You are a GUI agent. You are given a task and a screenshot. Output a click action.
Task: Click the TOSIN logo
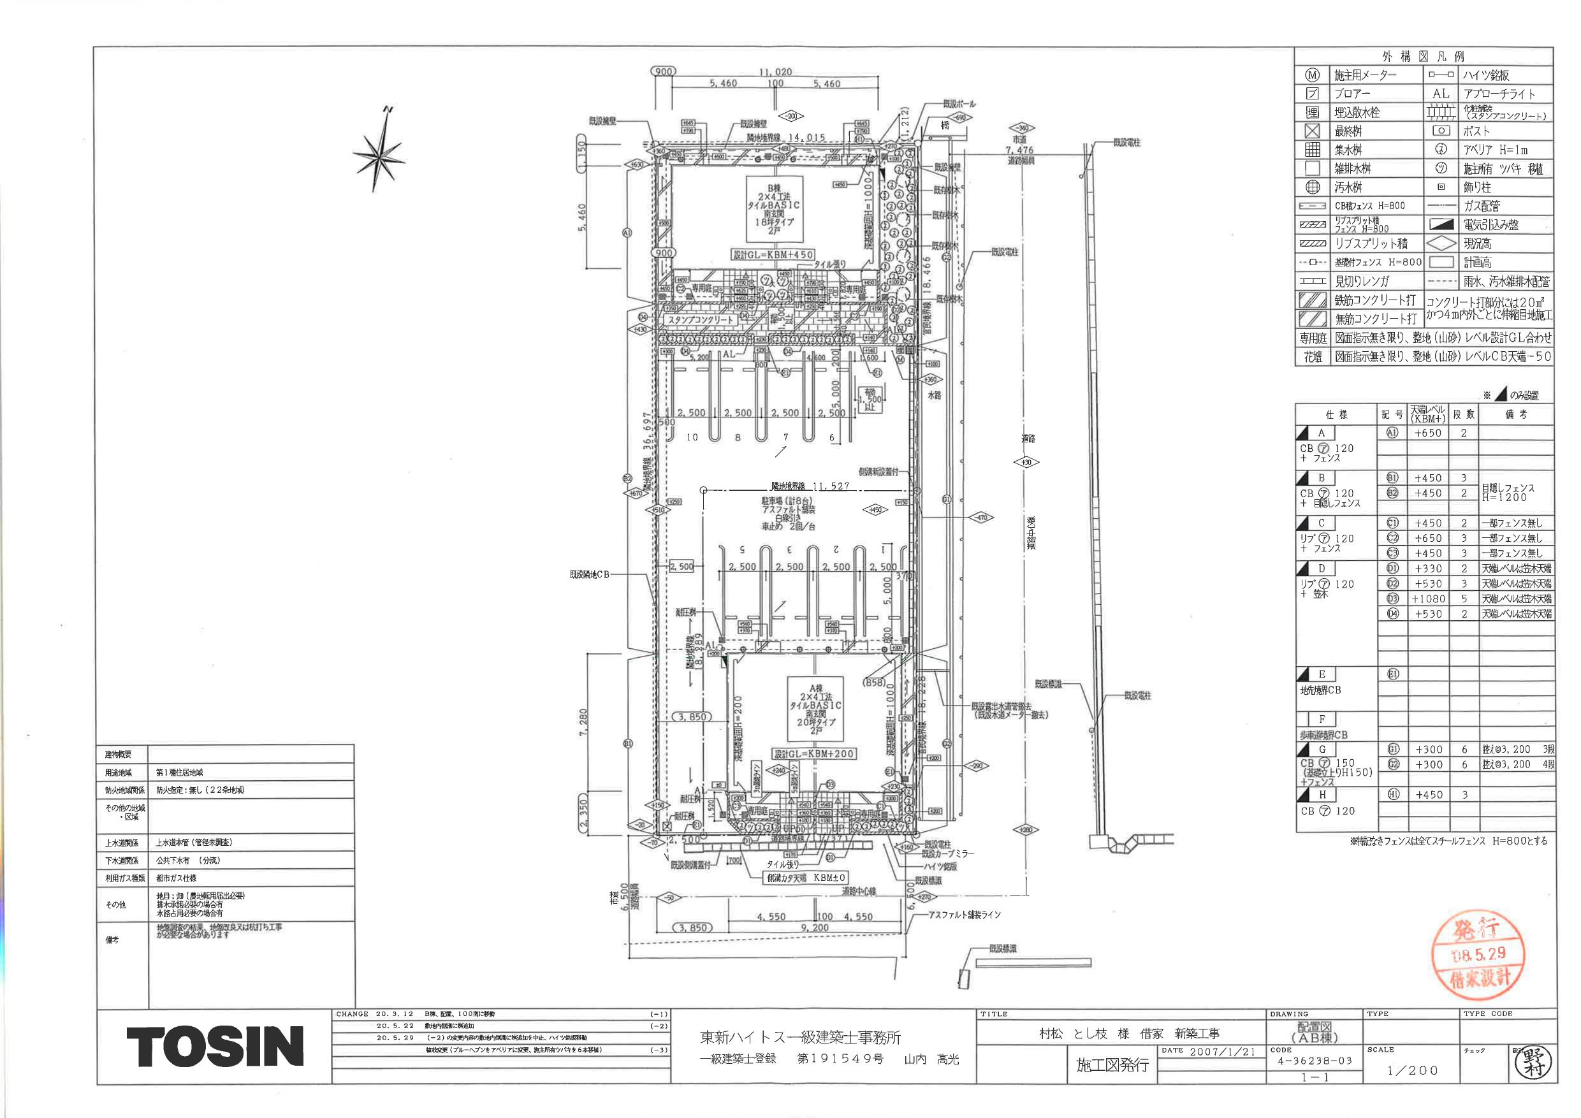[215, 1047]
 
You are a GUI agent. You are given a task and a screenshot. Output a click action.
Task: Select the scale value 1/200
[1411, 1070]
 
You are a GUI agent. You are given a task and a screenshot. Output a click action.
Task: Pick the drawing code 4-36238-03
[1315, 1061]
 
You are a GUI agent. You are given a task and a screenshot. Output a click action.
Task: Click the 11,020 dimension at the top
[775, 71]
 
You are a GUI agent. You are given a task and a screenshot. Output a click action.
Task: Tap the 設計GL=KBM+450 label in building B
[773, 255]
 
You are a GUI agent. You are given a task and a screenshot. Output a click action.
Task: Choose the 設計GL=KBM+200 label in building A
[814, 754]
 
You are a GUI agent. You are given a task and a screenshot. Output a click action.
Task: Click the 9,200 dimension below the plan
[815, 928]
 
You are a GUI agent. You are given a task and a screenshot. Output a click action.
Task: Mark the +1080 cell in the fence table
[1428, 599]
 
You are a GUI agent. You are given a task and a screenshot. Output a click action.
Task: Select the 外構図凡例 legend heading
[1424, 57]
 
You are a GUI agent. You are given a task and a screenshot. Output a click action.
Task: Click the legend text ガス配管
[1481, 206]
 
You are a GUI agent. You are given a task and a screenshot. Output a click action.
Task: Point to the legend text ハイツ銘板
[1486, 75]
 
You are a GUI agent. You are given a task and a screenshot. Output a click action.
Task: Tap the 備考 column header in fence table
[1515, 414]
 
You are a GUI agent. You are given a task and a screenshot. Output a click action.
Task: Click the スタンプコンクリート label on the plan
[701, 320]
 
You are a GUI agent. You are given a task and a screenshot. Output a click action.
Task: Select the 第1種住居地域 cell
[180, 773]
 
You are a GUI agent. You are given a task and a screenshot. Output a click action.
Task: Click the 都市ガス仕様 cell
[177, 878]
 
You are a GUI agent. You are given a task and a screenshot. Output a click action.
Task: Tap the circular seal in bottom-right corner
[1533, 1064]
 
